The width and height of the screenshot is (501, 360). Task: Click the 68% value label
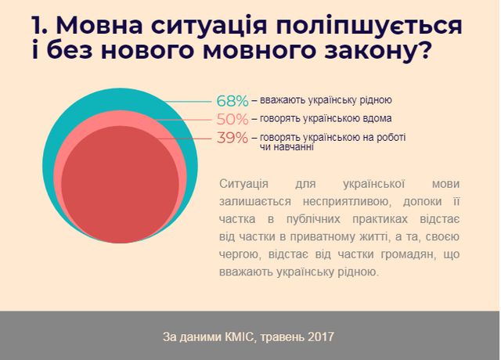[x=232, y=101]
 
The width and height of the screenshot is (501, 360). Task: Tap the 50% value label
[x=232, y=120]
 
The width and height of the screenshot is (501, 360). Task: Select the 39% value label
[x=232, y=139]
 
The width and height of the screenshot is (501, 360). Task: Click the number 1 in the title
[x=38, y=27]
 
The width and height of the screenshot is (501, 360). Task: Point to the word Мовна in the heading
[x=101, y=27]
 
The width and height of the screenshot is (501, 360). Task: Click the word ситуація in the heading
[x=215, y=27]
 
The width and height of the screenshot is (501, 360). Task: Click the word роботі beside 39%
[x=390, y=137]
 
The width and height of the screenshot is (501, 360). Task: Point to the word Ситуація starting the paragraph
[x=246, y=183]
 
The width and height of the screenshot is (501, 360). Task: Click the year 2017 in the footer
[x=321, y=337]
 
